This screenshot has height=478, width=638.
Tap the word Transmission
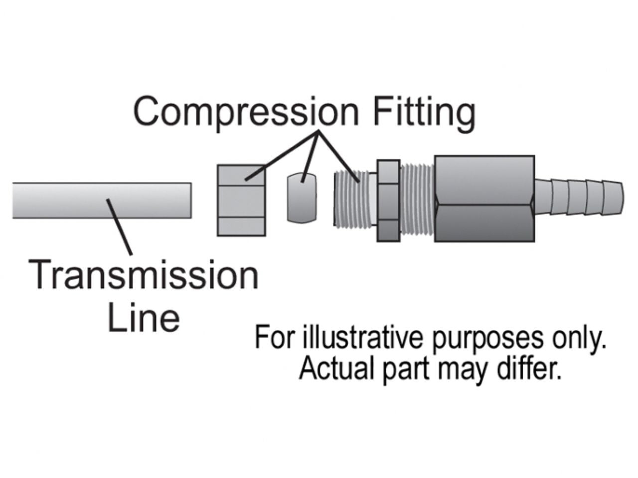[145, 275]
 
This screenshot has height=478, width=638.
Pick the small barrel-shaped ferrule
[302, 197]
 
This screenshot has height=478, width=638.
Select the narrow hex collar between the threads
[388, 200]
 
